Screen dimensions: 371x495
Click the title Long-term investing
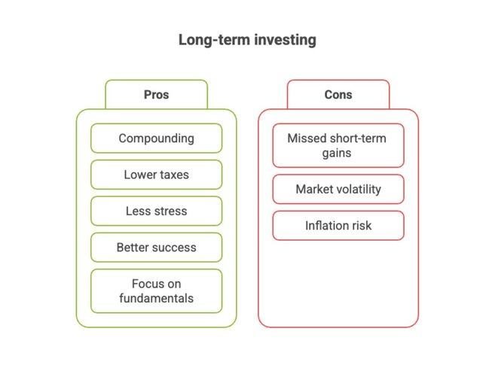point(246,40)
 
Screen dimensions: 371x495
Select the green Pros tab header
point(156,95)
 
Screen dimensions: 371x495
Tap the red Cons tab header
point(338,95)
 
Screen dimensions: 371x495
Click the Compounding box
point(156,138)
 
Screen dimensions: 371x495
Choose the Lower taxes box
point(156,175)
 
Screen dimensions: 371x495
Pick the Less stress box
point(156,211)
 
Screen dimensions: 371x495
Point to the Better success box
point(156,247)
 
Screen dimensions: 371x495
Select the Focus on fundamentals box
point(156,290)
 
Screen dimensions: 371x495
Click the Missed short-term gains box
point(338,145)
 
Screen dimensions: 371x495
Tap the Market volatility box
point(338,189)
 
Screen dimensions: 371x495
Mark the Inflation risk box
point(338,225)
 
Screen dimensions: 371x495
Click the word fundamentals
point(156,298)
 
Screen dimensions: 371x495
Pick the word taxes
point(173,175)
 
